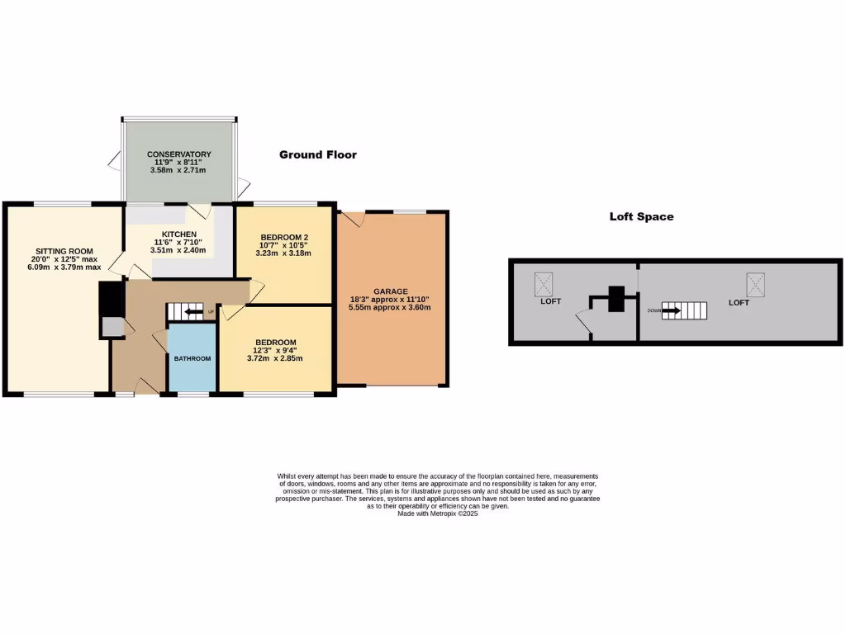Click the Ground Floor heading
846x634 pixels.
pos(318,154)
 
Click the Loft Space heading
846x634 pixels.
pos(641,217)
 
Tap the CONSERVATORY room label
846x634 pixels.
pos(179,154)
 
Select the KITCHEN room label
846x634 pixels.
pos(178,234)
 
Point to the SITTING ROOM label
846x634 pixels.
pos(64,251)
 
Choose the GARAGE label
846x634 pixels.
pos(390,291)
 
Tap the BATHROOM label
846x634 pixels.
pos(192,358)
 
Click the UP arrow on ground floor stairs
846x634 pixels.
pos(193,312)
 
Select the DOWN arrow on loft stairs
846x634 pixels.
pos(671,311)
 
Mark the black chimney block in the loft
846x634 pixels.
pos(616,299)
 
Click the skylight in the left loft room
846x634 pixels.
pos(544,284)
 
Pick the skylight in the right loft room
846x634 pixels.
pos(756,284)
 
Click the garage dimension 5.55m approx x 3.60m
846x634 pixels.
pos(390,307)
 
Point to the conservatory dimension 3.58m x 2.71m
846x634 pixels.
pos(178,170)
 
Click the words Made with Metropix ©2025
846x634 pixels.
pos(438,513)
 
